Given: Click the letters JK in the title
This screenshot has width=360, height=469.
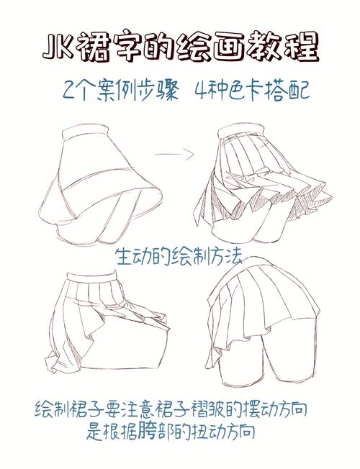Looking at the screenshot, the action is (58, 49).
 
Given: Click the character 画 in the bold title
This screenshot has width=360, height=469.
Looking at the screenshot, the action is (222, 48).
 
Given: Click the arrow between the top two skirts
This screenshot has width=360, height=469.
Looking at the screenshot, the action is (174, 155).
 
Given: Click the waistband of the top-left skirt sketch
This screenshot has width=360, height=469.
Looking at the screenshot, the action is (85, 132).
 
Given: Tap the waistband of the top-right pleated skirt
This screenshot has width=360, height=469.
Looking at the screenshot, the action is (240, 131).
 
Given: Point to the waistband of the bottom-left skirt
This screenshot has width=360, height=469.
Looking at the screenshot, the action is (91, 277).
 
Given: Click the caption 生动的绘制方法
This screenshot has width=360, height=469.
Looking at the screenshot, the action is (179, 256).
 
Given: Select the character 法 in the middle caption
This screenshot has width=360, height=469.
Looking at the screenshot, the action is (233, 256).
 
